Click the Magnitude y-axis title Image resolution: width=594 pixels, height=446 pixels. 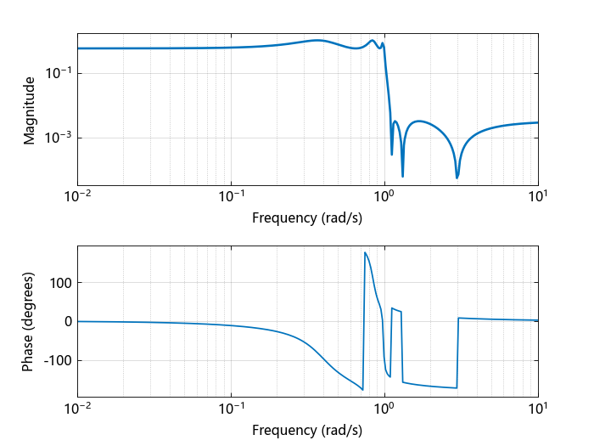point(30,110)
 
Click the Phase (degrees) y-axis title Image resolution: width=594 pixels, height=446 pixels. point(30,321)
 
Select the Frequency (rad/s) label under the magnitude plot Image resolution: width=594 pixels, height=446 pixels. point(307,217)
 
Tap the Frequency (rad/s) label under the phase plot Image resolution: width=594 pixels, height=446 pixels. point(307,430)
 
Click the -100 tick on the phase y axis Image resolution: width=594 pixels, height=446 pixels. point(59,360)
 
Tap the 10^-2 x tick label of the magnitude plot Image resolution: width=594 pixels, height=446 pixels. point(78,197)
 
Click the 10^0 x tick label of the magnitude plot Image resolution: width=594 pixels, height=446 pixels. point(384,197)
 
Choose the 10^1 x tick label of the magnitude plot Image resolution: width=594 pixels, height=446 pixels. point(538,197)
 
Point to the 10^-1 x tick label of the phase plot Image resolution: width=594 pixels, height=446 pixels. point(231,409)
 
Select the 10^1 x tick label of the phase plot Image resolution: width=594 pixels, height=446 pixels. point(538,409)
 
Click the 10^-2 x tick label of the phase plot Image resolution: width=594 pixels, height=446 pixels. point(78,409)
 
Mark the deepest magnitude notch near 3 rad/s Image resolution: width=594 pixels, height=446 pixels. point(457,178)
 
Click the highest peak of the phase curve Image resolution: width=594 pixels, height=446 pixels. point(365,252)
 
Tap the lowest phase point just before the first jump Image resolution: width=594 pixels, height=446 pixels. point(362,389)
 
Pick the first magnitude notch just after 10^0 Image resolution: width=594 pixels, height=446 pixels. point(392,154)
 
